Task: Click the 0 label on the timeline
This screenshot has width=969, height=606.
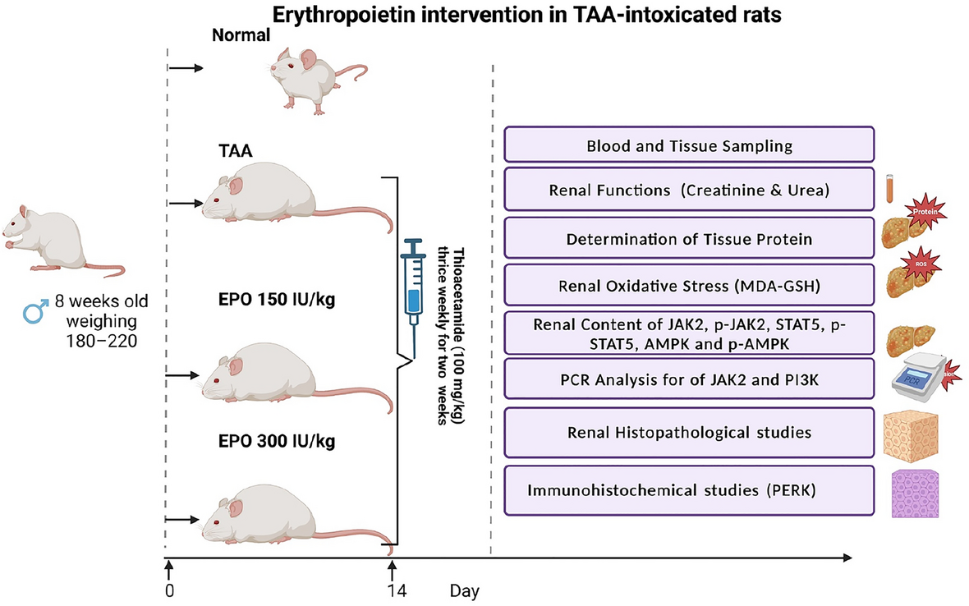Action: pyautogui.click(x=168, y=589)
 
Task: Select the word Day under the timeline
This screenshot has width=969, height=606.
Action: pyautogui.click(x=464, y=590)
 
